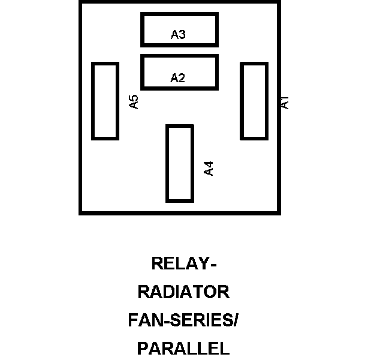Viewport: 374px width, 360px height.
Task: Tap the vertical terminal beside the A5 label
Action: point(105,101)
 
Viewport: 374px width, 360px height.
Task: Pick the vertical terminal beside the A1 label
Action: point(254,101)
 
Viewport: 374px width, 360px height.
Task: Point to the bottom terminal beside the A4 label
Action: point(179,163)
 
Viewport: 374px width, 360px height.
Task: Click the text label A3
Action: point(178,35)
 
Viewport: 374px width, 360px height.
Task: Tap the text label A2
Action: point(177,78)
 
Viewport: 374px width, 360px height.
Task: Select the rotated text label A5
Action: point(134,101)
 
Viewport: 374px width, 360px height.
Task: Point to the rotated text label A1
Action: point(285,102)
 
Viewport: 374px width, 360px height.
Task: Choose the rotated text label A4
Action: point(209,168)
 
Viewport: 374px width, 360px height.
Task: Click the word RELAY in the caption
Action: point(178,264)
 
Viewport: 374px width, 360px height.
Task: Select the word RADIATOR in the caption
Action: point(183,292)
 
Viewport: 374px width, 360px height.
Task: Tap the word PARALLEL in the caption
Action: point(183,349)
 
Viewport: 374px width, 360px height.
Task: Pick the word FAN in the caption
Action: point(143,320)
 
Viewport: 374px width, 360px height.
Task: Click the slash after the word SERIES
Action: point(236,320)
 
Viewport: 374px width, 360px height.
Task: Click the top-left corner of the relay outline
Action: point(80,2)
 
